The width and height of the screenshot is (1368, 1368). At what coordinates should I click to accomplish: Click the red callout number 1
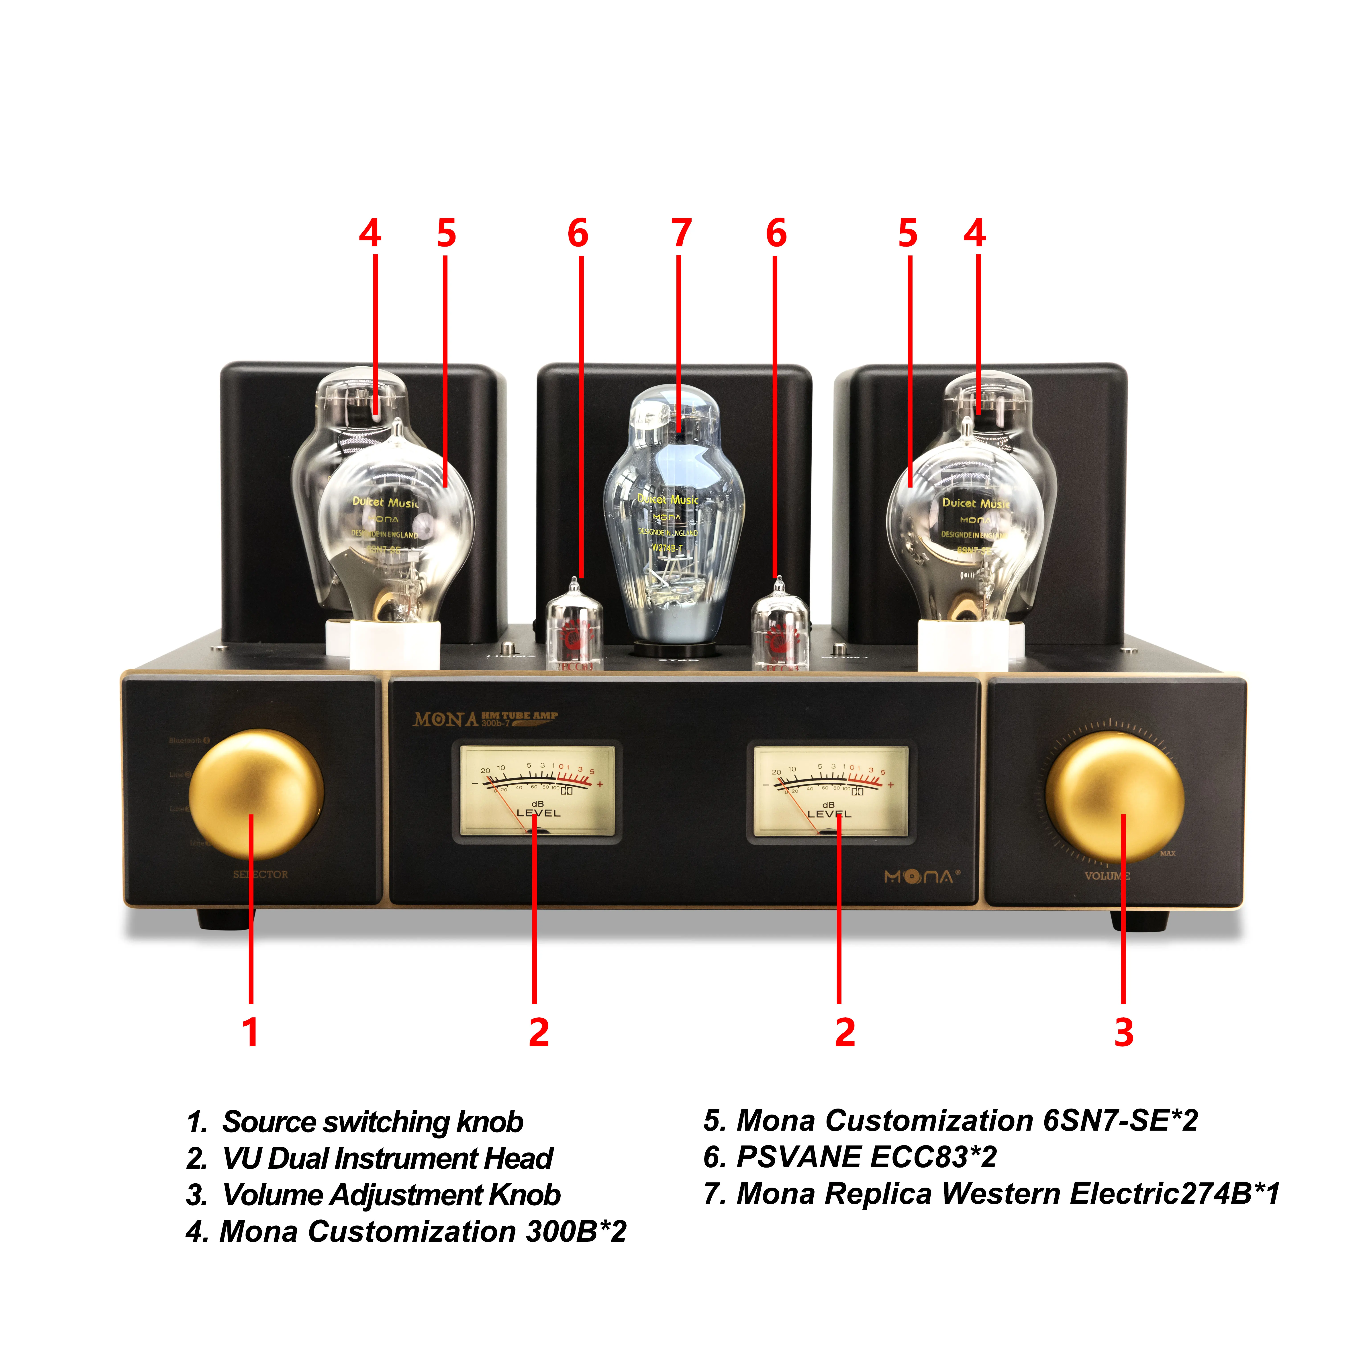coord(250,1032)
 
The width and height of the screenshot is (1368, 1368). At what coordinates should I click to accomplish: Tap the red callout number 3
coord(1124,1032)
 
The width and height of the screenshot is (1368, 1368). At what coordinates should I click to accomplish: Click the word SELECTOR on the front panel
coord(261,874)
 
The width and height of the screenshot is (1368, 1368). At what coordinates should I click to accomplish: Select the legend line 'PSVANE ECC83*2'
coord(850,1157)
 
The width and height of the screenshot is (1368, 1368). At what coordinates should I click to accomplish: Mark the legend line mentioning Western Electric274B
coord(991,1194)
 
